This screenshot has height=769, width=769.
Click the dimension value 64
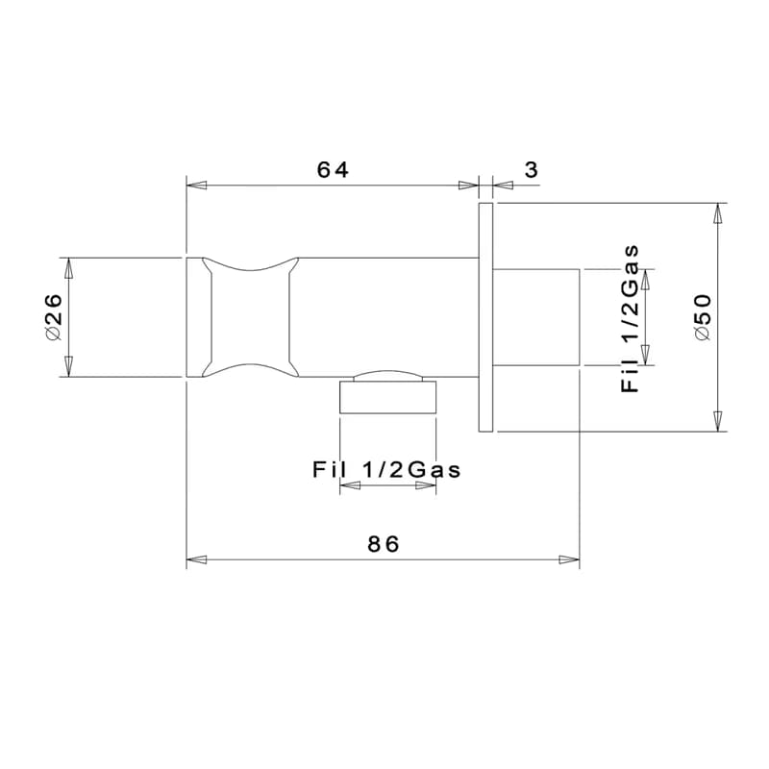click(333, 170)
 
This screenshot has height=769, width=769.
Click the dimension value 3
click(532, 170)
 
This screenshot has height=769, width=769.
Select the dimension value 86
click(384, 544)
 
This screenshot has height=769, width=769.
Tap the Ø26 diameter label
click(54, 317)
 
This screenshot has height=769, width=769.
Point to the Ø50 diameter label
click(703, 316)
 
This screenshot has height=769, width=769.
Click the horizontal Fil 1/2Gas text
click(386, 470)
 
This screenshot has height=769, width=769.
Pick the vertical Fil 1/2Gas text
click(631, 318)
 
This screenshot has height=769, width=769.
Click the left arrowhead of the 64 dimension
click(197, 186)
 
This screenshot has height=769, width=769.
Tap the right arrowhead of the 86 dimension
click(569, 559)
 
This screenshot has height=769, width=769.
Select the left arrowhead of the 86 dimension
click(197, 559)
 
